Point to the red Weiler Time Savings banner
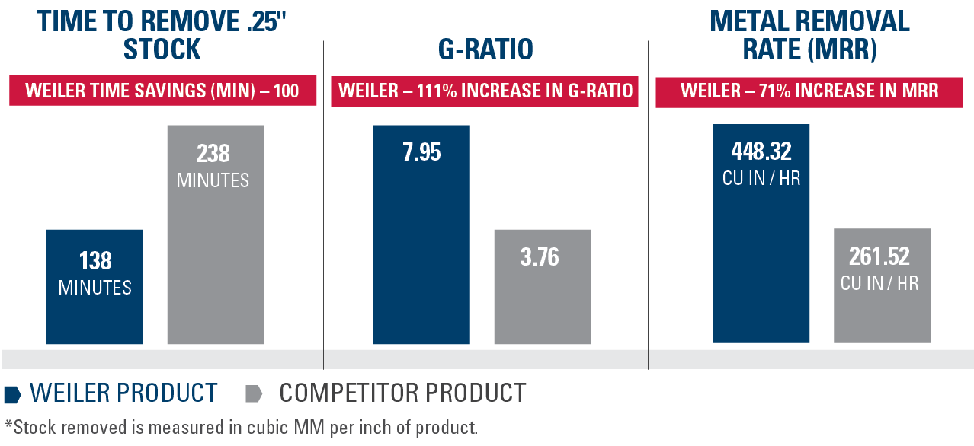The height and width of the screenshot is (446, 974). click(x=162, y=91)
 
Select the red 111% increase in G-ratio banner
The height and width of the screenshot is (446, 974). click(x=485, y=91)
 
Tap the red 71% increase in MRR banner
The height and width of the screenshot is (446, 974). click(x=809, y=91)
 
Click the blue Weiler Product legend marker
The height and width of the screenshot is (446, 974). click(x=12, y=394)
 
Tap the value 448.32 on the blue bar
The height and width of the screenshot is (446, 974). click(x=761, y=152)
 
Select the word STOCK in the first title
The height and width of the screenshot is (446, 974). click(x=162, y=50)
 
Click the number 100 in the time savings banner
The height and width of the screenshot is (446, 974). click(x=286, y=91)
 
